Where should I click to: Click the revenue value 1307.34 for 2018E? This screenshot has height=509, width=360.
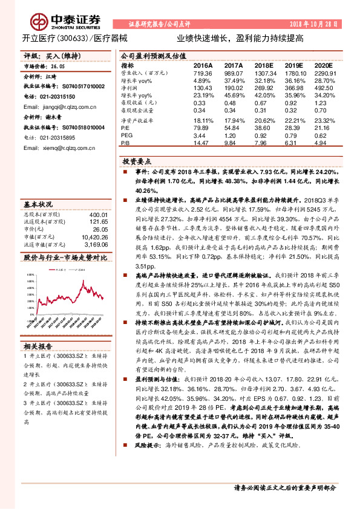click(264, 73)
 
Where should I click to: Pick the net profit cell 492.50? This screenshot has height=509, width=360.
click(324, 87)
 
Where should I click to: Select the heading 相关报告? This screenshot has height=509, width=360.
click(39, 346)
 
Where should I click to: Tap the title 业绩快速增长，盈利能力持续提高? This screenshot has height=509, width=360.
click(240, 37)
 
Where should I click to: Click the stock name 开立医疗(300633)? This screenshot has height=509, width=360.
click(54, 37)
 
